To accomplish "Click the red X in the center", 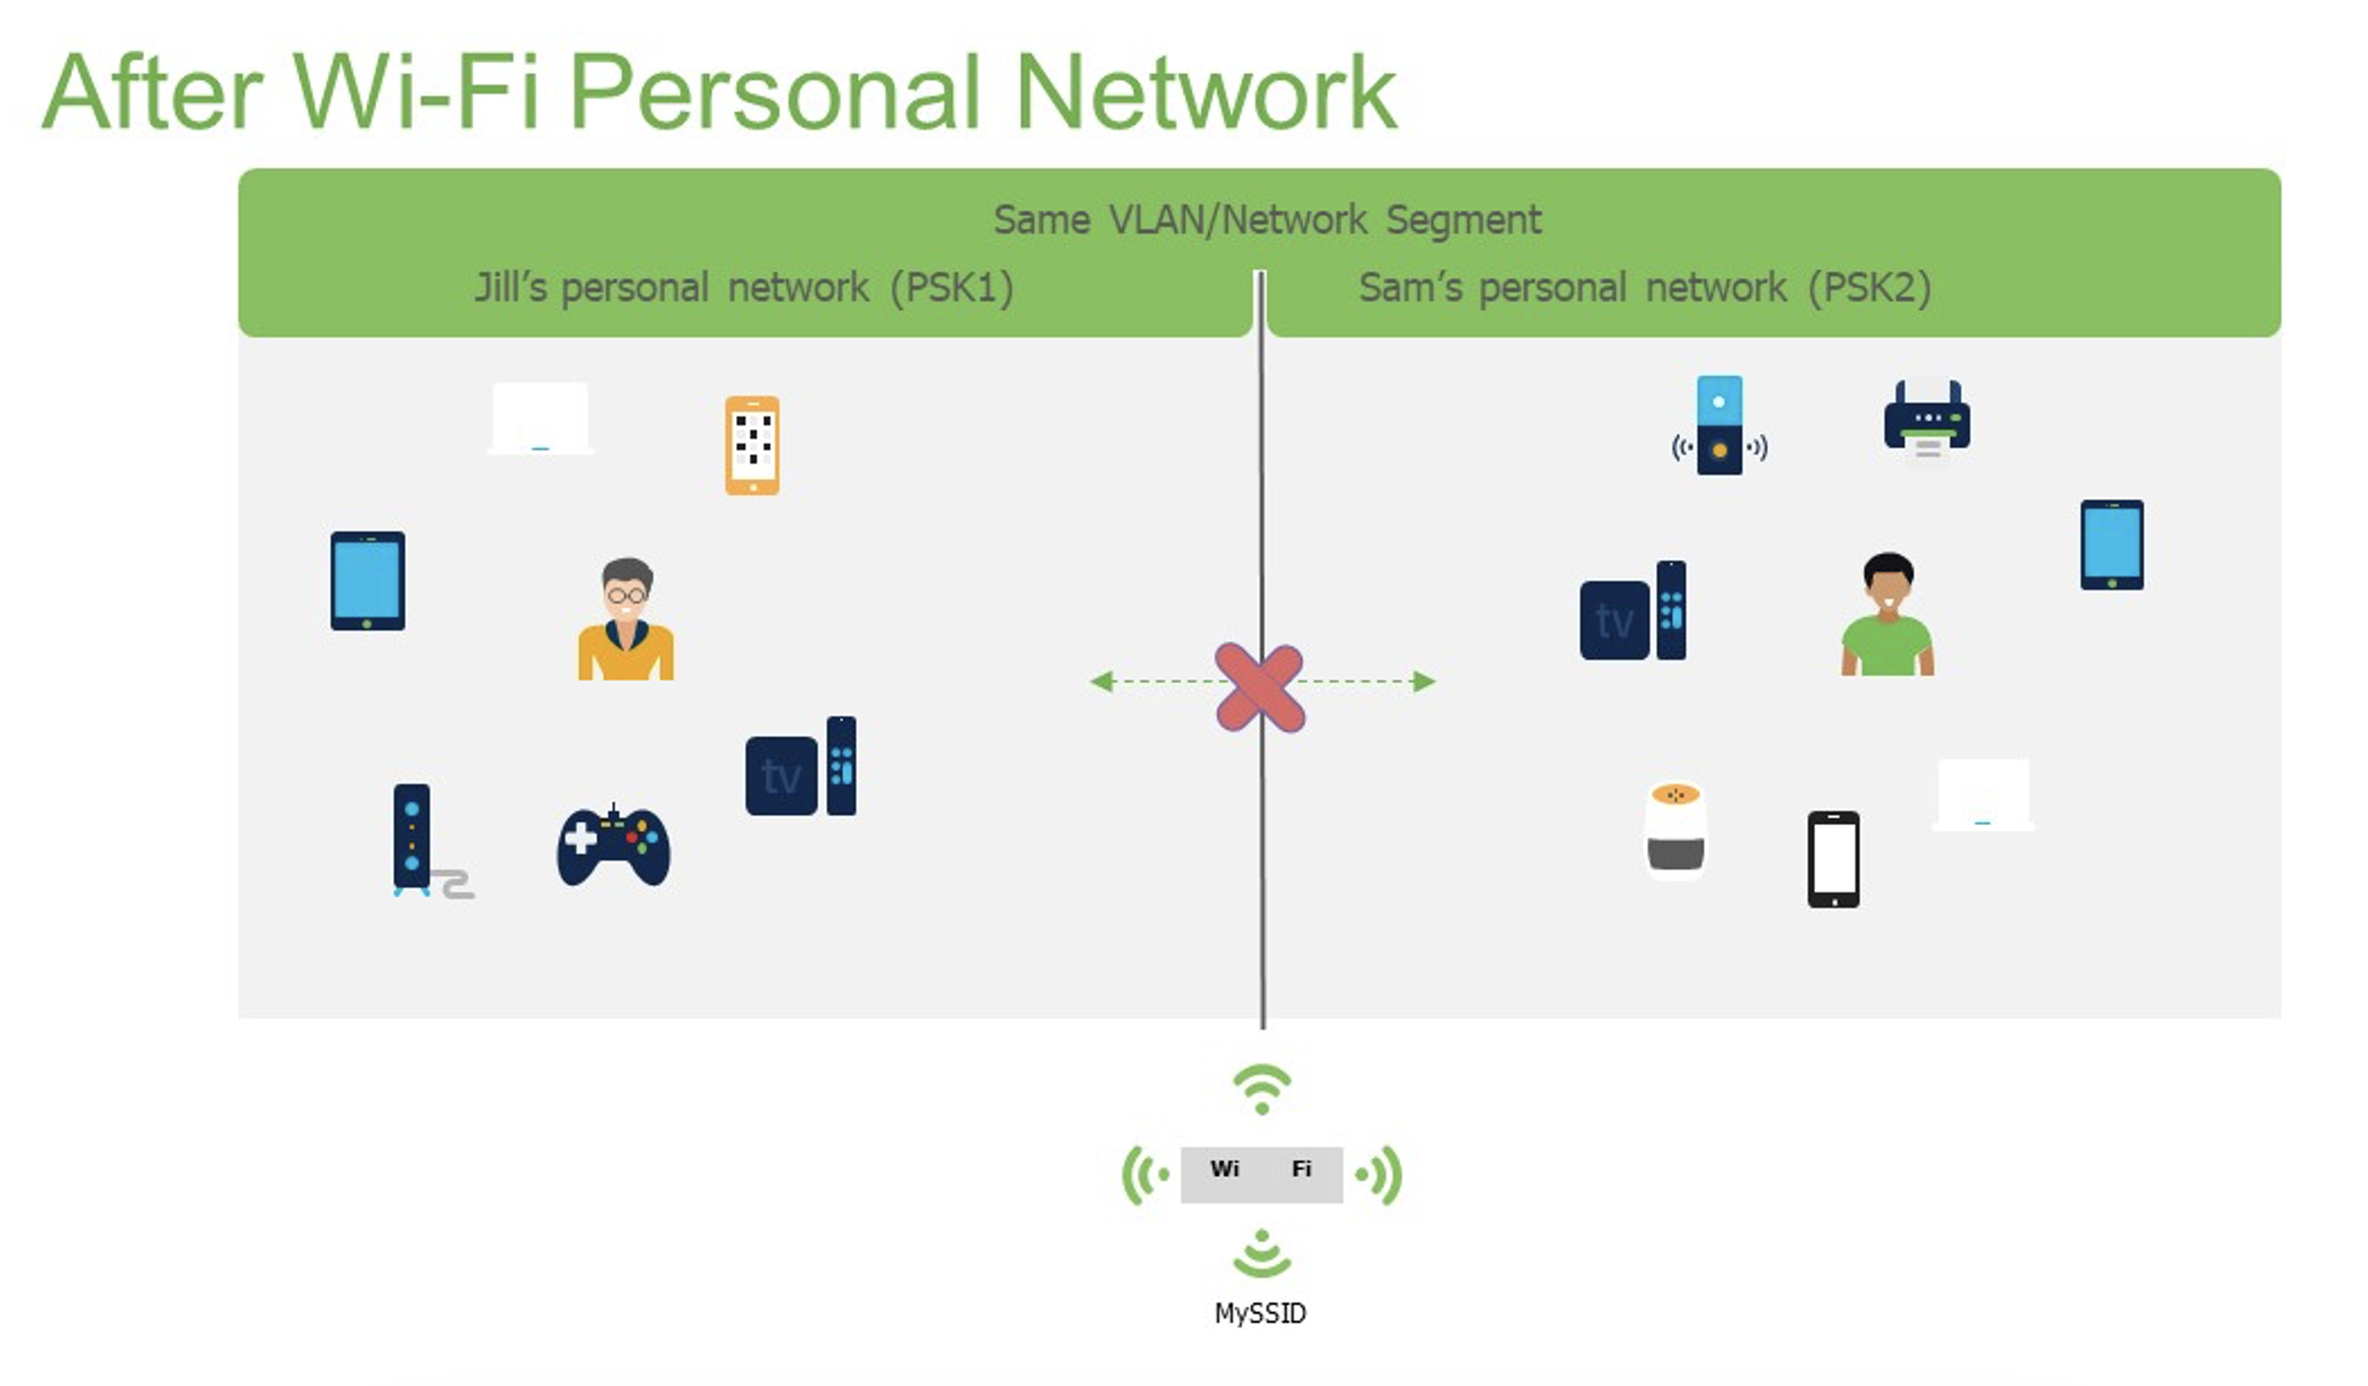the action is (x=1259, y=688).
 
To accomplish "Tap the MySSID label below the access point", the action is (x=1260, y=1313).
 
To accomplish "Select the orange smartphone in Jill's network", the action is (x=751, y=445).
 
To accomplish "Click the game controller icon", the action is (x=614, y=845).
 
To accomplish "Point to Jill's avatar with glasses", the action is (x=626, y=619).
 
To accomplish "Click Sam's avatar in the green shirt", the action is (x=1887, y=615).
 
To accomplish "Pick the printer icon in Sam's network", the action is (x=1927, y=419).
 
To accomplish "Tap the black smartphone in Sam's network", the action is (x=1833, y=860).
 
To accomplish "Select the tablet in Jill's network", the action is (x=367, y=581).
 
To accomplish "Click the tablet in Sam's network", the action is (x=2111, y=545).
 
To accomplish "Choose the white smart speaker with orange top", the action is (x=1675, y=829).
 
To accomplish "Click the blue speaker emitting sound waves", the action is (x=1720, y=425).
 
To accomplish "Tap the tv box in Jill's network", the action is (x=801, y=766).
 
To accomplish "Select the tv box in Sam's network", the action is (x=1632, y=610).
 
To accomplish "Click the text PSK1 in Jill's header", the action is (x=952, y=287).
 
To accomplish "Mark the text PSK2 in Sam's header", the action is (x=1870, y=287).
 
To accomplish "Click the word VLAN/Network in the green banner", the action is (x=1238, y=220).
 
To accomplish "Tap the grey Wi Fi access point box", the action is (x=1261, y=1174).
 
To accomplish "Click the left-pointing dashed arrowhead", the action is (x=1101, y=681).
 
